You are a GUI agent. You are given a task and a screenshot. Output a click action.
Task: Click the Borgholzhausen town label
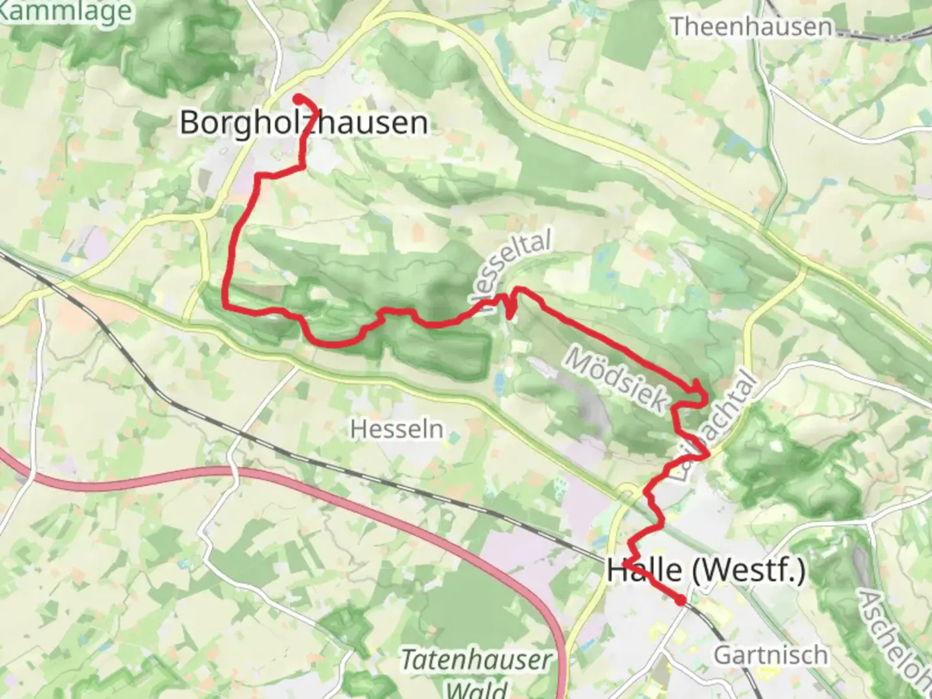[304, 122]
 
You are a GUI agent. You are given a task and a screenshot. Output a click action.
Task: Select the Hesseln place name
[397, 429]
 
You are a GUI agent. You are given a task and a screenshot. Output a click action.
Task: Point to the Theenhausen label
[751, 27]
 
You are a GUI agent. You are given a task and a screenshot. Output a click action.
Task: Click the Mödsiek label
[616, 379]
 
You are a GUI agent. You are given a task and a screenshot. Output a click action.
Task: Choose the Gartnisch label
[770, 655]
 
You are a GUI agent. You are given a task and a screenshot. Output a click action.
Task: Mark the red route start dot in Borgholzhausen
[298, 98]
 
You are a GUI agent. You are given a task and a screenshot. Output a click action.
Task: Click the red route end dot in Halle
[680, 601]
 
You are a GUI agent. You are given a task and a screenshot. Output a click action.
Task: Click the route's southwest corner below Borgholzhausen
[226, 304]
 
